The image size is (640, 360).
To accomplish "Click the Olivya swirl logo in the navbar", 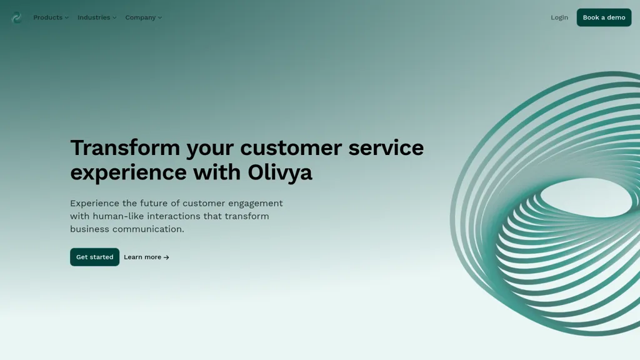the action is [17, 17].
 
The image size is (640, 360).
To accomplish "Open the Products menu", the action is [51, 17].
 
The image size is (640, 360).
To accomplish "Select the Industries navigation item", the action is [97, 17].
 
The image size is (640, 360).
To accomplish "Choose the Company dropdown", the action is [144, 17].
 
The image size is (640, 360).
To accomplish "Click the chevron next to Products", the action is [66, 18].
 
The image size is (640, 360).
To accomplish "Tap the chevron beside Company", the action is [160, 18].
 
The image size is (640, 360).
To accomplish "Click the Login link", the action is [559, 17].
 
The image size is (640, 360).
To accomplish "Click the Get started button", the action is [95, 257].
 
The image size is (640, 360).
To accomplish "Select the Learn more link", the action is [146, 257].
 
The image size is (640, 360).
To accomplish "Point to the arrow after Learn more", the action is [166, 257].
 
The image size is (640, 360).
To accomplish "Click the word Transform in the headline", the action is [125, 147].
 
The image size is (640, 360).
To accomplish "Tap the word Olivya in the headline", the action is [280, 172].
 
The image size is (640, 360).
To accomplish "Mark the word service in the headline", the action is [386, 147].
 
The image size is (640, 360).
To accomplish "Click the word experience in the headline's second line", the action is [129, 173].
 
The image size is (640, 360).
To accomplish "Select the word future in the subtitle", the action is [154, 203].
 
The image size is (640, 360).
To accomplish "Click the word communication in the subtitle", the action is [148, 229].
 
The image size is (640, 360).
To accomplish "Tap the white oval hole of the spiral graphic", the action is [586, 198].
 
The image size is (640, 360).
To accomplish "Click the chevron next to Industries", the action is [115, 18].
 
